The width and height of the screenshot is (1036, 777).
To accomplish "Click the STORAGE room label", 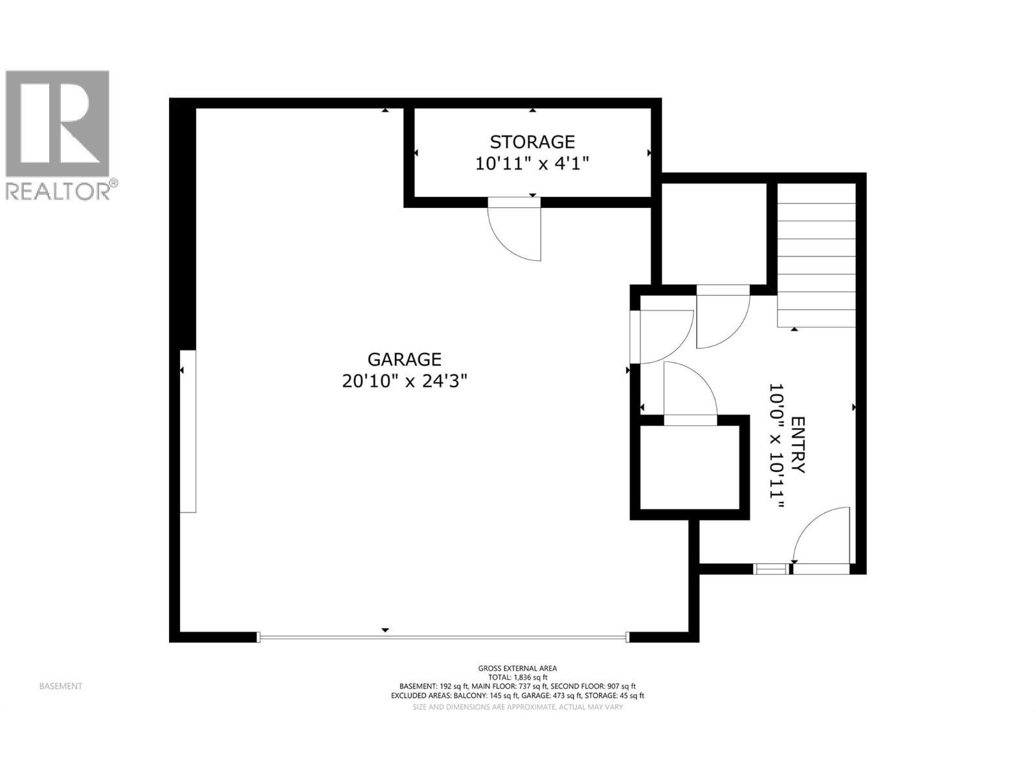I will pos(532,142).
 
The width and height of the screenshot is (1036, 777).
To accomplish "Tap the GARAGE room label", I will pos(405,359).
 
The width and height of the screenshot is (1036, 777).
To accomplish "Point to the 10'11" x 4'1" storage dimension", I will pos(532,164).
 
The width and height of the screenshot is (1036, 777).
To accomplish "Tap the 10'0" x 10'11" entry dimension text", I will pos(776,445).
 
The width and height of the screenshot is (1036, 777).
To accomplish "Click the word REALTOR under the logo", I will pos(58,191).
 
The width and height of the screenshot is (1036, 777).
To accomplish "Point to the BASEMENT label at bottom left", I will pos(61,686).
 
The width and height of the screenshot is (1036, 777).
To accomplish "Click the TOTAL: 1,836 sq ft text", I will pos(517,677).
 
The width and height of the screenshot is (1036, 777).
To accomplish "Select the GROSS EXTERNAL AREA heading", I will pos(517,668).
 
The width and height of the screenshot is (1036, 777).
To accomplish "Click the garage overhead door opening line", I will pos(443,637).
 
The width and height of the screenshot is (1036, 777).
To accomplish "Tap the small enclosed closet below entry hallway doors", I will pos(690,467).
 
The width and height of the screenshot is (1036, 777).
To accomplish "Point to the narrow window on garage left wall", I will pos(188,431).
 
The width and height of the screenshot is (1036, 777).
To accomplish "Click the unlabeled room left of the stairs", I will pos(714,234).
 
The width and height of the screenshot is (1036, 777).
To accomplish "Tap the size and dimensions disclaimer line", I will pos(517,707).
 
